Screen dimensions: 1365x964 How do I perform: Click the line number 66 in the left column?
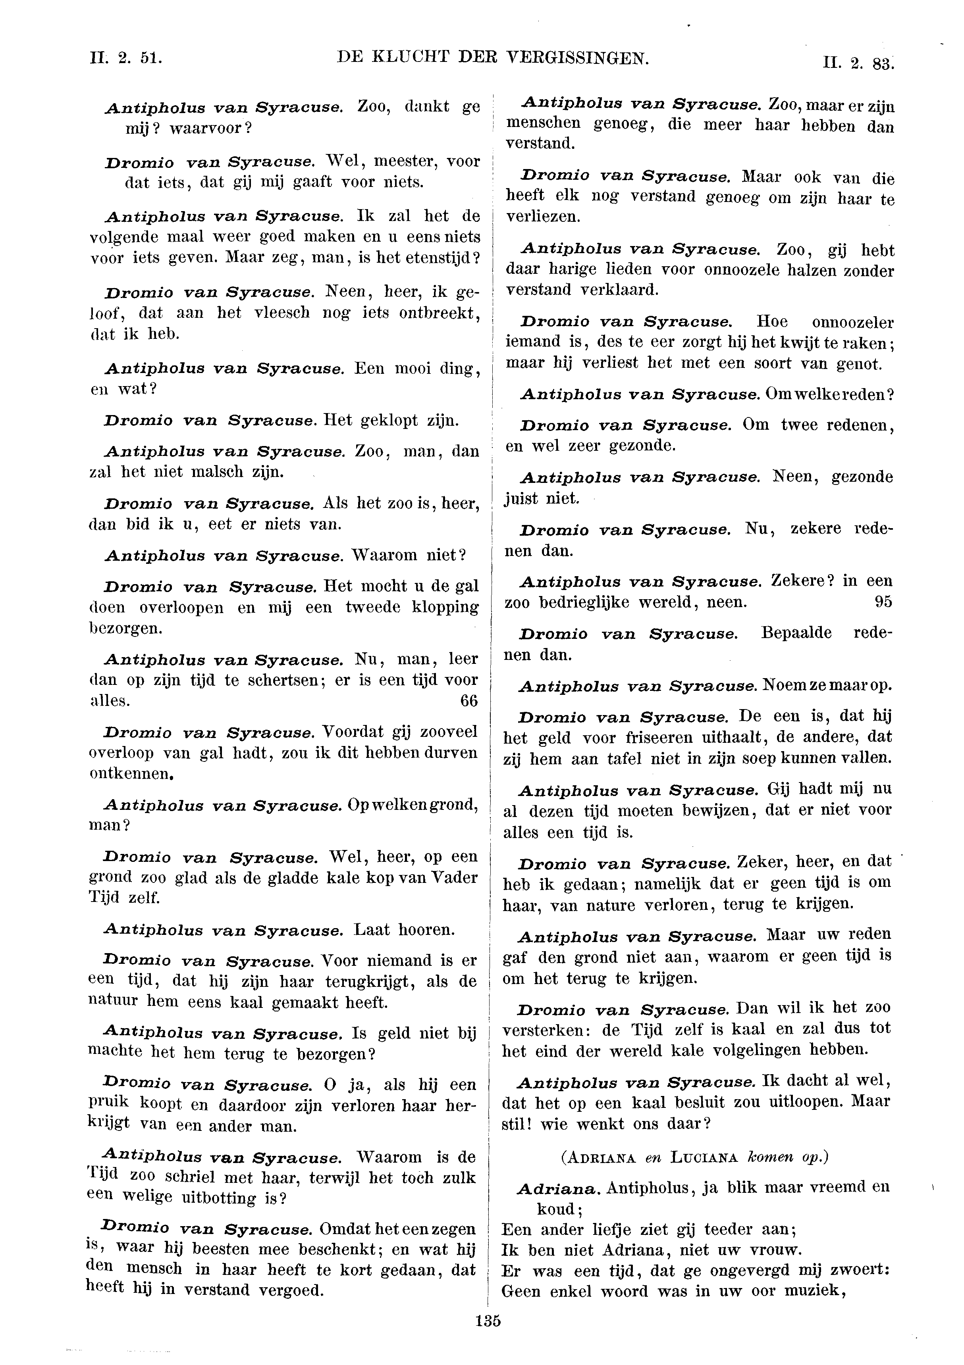(469, 701)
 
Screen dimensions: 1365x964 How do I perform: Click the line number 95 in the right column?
(883, 602)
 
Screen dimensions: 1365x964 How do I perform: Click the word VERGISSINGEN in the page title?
(577, 58)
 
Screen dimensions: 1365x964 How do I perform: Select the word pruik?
(108, 1100)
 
